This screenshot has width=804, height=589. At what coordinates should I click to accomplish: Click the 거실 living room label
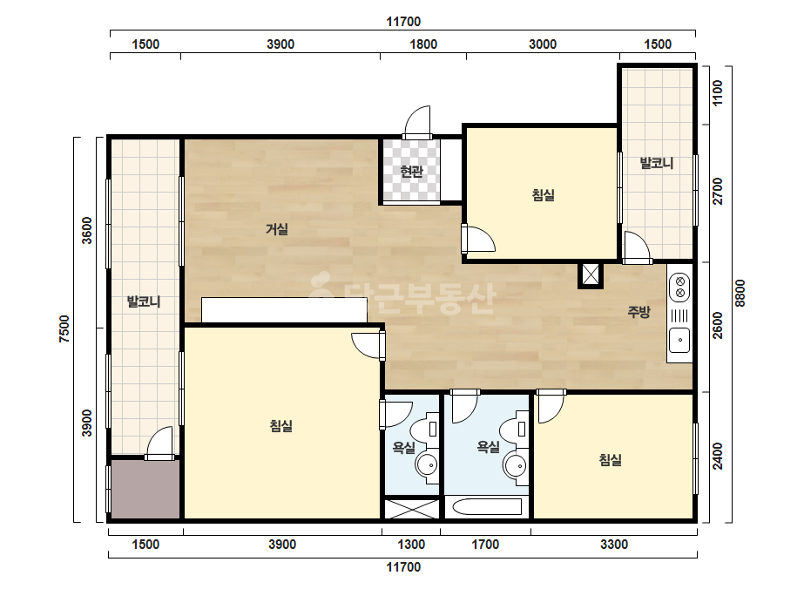(276, 229)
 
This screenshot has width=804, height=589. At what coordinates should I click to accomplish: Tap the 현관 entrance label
(411, 172)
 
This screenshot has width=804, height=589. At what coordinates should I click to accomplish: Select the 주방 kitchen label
(638, 311)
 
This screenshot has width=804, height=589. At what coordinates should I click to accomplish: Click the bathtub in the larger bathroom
(486, 507)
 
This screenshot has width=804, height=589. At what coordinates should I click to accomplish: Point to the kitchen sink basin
(680, 340)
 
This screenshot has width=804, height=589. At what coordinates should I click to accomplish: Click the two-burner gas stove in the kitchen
(680, 288)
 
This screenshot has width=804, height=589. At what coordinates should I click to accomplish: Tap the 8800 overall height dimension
(740, 293)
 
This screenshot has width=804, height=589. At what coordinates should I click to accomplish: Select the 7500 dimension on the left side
(64, 328)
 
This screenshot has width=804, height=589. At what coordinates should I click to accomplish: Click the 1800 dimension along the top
(423, 44)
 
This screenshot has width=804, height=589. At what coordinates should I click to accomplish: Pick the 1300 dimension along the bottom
(411, 545)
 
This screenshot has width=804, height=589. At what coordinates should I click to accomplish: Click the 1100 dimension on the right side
(718, 93)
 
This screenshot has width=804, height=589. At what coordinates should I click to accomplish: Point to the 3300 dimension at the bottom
(614, 545)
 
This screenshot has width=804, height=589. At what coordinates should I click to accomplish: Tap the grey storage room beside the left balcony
(145, 489)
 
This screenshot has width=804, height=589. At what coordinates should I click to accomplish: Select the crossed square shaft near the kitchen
(591, 275)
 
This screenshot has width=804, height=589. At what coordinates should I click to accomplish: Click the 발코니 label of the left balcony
(144, 301)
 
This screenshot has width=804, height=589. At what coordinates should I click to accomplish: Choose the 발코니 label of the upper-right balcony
(656, 164)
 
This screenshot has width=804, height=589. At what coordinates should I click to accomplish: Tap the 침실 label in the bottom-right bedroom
(610, 460)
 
